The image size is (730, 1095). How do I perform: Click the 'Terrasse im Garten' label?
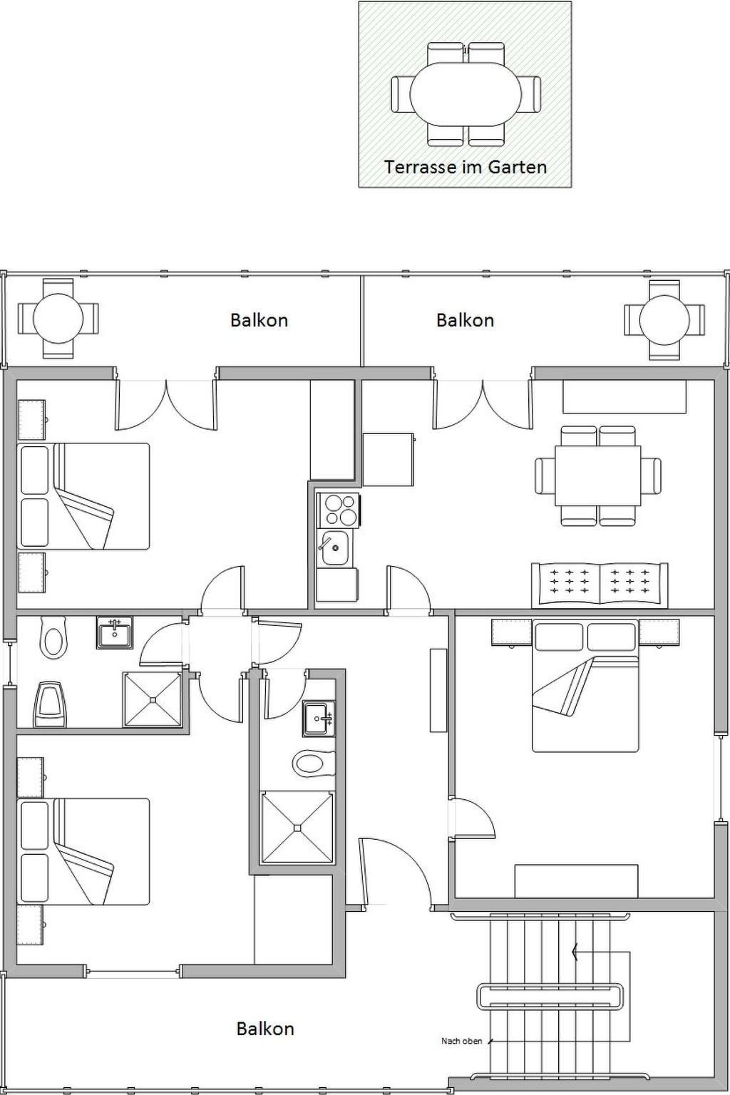466,167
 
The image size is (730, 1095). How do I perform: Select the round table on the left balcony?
58,318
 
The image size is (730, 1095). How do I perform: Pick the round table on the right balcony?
664,319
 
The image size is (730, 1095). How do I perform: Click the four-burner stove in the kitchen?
340,509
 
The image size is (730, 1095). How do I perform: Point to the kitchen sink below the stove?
334,547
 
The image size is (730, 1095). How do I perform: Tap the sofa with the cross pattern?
600,585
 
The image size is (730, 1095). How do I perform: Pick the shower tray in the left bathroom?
153,699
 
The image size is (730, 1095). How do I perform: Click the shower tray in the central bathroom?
297,827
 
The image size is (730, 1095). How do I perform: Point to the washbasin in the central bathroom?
318,718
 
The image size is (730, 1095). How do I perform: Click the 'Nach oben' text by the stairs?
461,1042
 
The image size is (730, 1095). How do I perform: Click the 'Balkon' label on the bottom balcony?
265,1029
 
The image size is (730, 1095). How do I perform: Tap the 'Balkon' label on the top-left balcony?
259,320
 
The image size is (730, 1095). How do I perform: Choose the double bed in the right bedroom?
585,685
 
